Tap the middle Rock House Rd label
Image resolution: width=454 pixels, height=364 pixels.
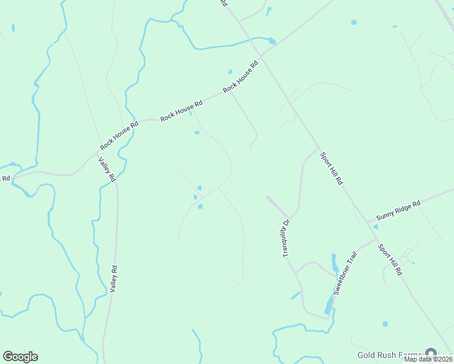pos(181,110)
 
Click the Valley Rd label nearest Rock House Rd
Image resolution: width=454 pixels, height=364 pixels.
pos(107,169)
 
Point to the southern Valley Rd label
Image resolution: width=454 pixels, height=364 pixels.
pos(113,279)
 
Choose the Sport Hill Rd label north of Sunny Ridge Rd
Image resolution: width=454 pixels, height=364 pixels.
pos(331,169)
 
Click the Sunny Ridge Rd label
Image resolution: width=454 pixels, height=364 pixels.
pos(398,212)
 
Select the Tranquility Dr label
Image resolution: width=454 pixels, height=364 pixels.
pos(287,237)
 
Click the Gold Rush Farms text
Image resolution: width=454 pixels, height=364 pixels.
pos(389,355)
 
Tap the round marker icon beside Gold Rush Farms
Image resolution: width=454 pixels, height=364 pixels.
pos(431,353)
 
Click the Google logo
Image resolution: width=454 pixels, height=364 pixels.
pos(20,357)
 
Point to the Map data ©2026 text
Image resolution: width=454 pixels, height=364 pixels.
pos(429,359)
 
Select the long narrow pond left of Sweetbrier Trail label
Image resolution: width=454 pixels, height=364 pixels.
pos(334,263)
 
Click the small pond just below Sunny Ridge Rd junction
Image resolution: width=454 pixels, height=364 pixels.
pos(375,227)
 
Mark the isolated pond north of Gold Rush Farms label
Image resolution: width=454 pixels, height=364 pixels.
pos(385,324)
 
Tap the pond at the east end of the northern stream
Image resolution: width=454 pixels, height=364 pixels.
pos(271,41)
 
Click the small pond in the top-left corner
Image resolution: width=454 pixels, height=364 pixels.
pos(13,27)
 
